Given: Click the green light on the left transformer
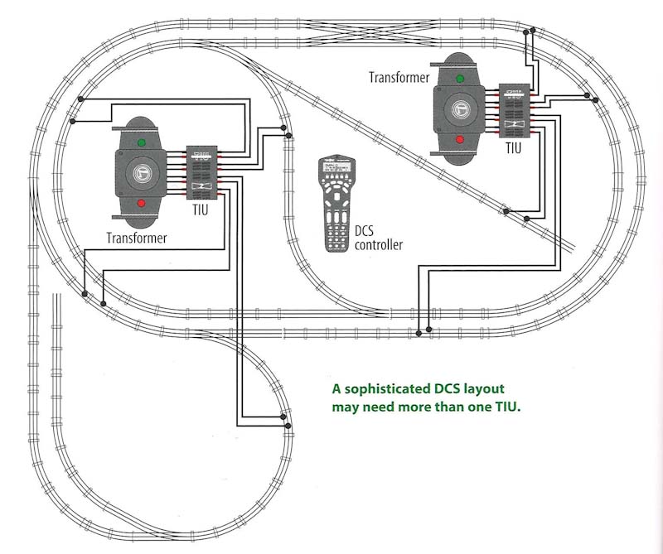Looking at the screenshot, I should click(141, 142).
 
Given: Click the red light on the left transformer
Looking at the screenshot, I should click(141, 203).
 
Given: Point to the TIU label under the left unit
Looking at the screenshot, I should click(201, 211).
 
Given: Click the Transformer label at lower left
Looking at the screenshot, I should click(137, 238).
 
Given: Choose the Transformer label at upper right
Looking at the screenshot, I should click(399, 77).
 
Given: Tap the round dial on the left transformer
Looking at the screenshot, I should click(142, 173).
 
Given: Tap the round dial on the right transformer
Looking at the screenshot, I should click(457, 108).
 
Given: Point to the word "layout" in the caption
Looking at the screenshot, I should click(485, 388).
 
